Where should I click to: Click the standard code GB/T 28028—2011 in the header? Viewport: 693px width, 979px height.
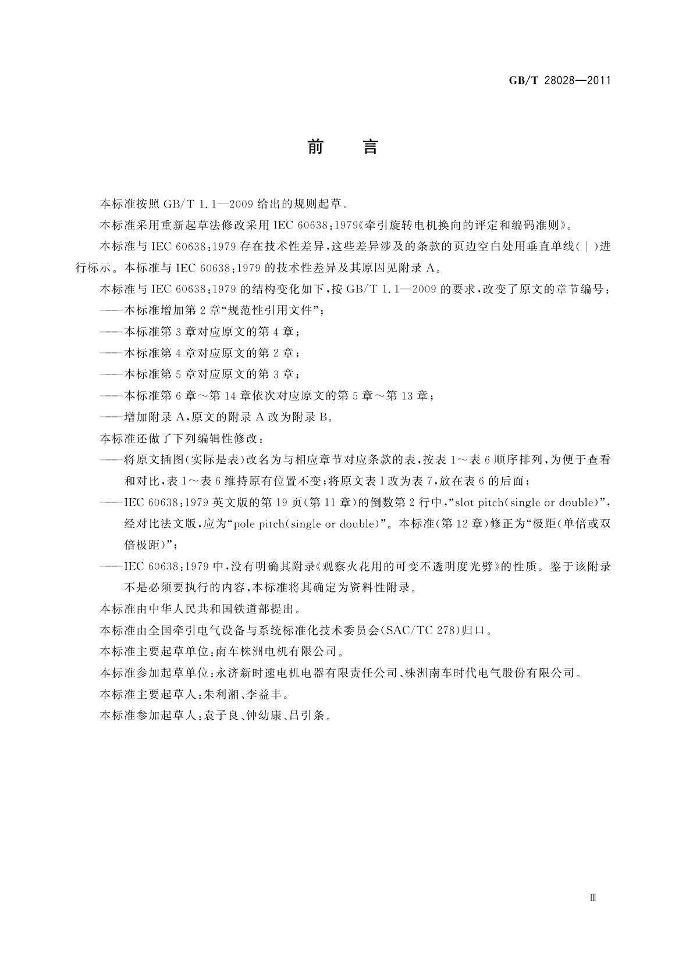click(560, 81)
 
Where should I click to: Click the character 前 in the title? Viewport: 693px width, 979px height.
click(315, 148)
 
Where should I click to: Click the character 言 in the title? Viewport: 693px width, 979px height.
click(371, 148)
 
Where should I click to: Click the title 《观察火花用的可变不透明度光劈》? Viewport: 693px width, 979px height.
click(409, 566)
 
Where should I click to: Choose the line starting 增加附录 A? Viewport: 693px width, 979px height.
click(227, 417)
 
